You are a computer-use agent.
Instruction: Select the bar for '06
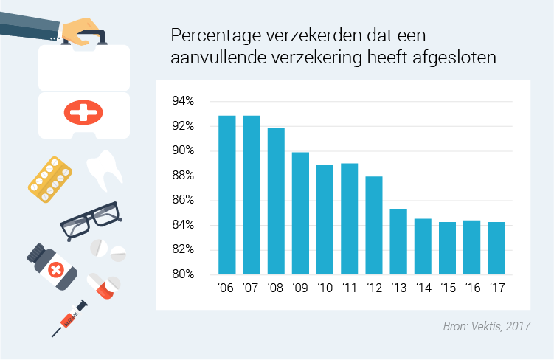[x=226, y=195]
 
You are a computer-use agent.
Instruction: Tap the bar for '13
[x=398, y=241]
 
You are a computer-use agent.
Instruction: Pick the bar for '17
[x=496, y=248]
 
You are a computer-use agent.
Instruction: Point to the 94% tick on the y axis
[x=183, y=101]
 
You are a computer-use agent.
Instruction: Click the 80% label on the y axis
[x=183, y=274]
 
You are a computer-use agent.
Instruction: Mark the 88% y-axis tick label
[x=183, y=176]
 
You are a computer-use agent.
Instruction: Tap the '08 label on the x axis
[x=275, y=288]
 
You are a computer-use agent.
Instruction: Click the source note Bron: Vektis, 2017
[x=487, y=325]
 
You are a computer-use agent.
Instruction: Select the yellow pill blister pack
[x=51, y=179]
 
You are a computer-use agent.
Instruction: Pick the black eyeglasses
[x=89, y=220]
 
